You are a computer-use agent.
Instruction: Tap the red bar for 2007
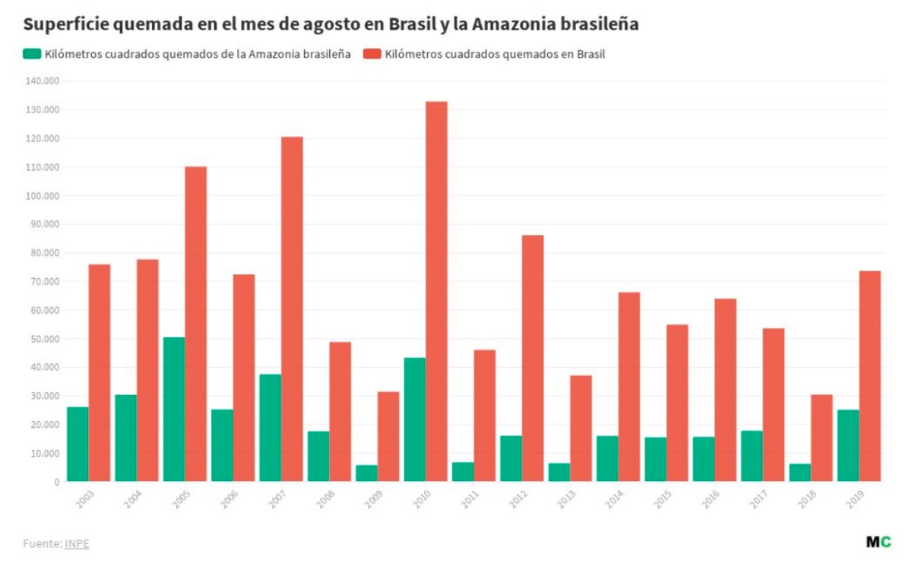click(292, 309)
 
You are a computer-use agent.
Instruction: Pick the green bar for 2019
click(848, 445)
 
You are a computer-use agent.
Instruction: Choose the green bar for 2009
click(366, 473)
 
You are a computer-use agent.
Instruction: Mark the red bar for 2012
click(533, 358)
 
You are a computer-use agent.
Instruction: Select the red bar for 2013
click(581, 428)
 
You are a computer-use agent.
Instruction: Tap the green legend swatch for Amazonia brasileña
click(32, 54)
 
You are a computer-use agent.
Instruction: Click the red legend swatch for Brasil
click(372, 54)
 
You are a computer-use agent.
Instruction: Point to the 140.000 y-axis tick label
click(43, 81)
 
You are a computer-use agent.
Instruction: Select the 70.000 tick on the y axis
click(45, 282)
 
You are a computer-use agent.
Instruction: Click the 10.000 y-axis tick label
click(45, 454)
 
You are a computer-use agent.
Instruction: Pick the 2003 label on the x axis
click(85, 498)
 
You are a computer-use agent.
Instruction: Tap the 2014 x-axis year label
click(615, 498)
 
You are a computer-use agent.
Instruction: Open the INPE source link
click(77, 544)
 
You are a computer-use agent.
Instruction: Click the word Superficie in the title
click(62, 24)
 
